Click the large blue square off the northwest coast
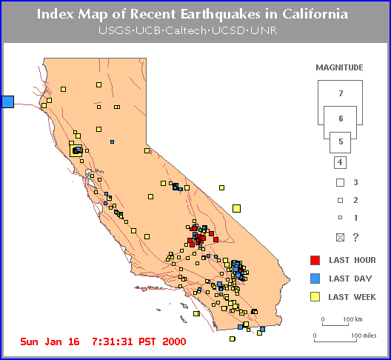pos(7,101)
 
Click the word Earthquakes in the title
pos(221,14)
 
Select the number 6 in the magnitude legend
pos(341,119)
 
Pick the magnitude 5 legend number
pos(341,141)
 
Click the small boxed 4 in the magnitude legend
pos(340,162)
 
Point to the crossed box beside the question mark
pos(340,238)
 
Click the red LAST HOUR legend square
pos(315,260)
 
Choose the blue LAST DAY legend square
pos(315,279)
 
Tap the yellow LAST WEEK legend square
pos(315,297)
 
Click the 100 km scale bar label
pos(352,319)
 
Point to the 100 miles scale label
pos(364,336)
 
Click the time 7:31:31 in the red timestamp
pos(113,341)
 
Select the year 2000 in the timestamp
pos(174,341)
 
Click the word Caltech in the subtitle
pos(186,30)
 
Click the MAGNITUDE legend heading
pos(339,67)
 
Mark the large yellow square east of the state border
pos(237,208)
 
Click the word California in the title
pos(315,14)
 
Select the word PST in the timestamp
pos(147,341)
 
